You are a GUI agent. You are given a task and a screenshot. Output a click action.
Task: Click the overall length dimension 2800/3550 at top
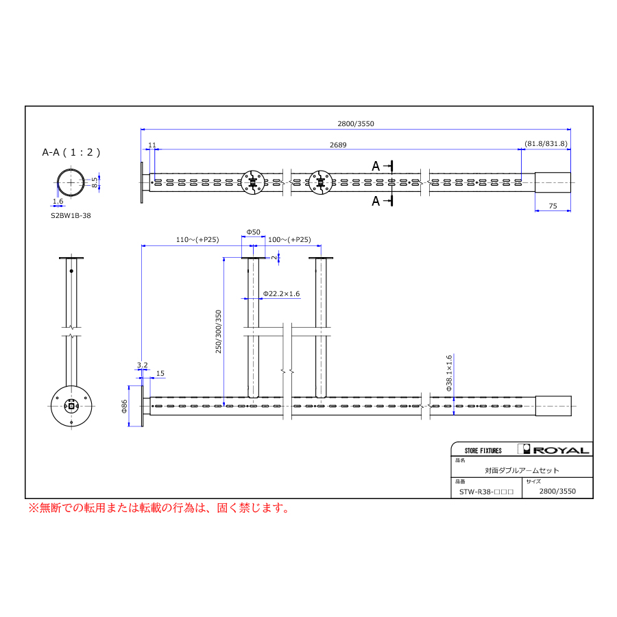click(356, 123)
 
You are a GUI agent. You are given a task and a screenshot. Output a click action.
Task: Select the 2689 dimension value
click(338, 145)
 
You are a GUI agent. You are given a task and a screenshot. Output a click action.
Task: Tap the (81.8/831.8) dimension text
click(546, 144)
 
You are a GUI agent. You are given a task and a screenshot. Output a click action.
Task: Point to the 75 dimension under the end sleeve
click(553, 206)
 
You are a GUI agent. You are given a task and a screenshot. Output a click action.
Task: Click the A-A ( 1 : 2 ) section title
click(71, 152)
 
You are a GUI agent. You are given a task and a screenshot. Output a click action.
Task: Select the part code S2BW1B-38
click(71, 216)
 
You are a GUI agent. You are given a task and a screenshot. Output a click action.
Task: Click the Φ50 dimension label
click(254, 232)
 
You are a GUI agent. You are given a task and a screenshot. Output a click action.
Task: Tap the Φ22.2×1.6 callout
click(281, 293)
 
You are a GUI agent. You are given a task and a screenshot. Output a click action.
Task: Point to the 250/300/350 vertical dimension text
click(219, 331)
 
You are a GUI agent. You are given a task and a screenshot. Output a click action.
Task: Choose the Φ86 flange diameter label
click(124, 406)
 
